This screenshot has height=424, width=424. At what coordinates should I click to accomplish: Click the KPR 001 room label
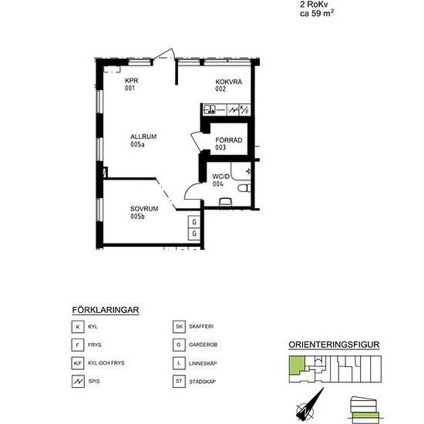pos(131,84)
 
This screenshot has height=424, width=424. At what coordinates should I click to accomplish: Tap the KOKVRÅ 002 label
pos(228,85)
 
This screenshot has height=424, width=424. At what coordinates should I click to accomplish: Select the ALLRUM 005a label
pos(143,140)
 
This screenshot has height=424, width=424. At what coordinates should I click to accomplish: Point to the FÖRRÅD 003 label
pos(228,143)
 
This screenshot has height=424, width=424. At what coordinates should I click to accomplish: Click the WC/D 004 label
pos(220,180)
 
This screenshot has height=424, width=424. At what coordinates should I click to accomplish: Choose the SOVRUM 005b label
pos(144,212)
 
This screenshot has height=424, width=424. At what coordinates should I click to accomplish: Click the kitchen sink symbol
pos(209,109)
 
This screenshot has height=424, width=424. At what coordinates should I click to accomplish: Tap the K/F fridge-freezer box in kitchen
pos(244,109)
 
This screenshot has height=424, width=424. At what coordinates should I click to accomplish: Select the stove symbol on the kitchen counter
pos(233,110)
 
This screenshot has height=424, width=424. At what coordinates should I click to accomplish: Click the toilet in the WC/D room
pos(244,188)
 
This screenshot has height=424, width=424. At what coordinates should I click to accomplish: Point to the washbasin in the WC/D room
pos(226,202)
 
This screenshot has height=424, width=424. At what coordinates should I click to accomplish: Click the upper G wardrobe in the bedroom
pos(194,222)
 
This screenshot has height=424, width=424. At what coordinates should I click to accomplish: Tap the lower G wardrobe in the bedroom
pos(194,234)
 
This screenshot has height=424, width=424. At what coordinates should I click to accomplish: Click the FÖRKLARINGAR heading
pos(106,310)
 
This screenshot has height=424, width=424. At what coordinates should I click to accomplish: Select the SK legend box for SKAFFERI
pos(179,327)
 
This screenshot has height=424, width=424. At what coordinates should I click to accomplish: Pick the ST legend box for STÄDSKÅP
pos(179,382)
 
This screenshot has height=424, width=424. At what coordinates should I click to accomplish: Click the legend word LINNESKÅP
pos(203,363)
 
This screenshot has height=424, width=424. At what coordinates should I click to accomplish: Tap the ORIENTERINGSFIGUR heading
pos(334,345)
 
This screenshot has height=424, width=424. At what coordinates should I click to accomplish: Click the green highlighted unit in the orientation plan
pos(297,365)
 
